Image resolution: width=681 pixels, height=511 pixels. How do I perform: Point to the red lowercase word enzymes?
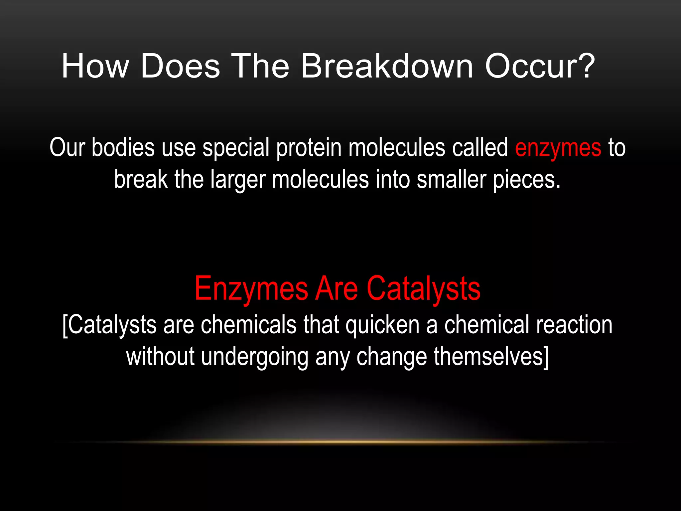[558, 148]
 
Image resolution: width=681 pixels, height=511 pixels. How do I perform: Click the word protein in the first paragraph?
[309, 148]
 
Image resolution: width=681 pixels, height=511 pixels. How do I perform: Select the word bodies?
[123, 148]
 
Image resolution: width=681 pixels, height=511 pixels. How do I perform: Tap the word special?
[236, 148]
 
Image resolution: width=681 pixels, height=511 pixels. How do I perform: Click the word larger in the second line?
[238, 180]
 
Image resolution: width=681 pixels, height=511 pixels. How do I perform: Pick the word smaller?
[451, 180]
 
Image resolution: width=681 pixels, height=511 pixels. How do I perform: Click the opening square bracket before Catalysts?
[65, 325]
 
